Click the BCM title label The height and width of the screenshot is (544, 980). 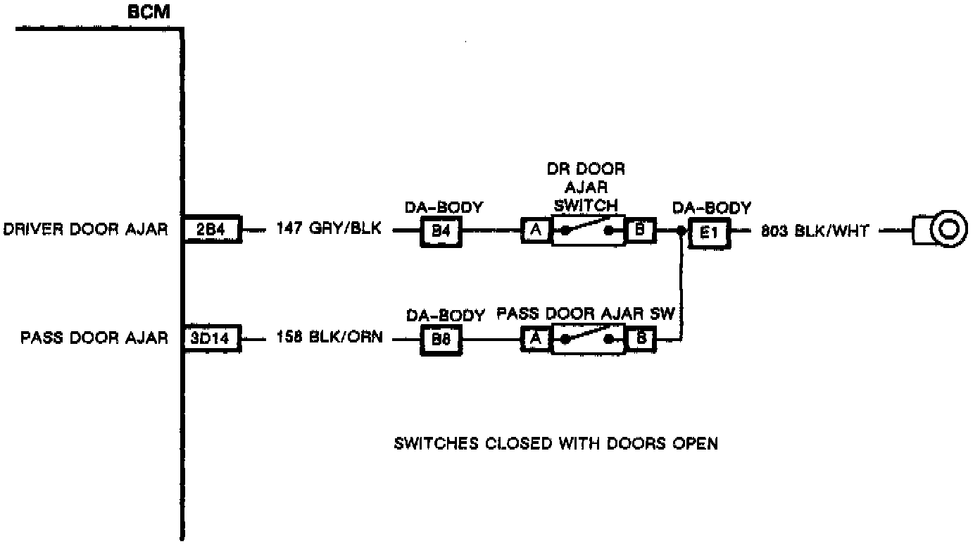(x=149, y=12)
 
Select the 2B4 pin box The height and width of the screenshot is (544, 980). (x=212, y=229)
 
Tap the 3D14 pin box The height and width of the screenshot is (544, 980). (x=211, y=338)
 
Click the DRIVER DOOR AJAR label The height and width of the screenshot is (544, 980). (x=86, y=229)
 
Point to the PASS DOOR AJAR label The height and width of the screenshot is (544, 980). (x=94, y=338)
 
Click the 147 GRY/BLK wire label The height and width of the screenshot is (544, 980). (x=329, y=228)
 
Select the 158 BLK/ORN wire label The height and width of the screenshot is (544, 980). (x=330, y=337)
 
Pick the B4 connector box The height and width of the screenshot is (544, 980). (x=441, y=231)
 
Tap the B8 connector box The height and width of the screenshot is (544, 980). (x=441, y=340)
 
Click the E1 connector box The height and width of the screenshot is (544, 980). (x=709, y=233)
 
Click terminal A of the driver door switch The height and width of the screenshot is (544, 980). (x=536, y=230)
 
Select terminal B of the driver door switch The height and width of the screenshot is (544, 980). (x=641, y=230)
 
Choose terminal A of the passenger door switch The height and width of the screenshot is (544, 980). (x=536, y=339)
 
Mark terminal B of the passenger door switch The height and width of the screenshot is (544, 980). (x=641, y=339)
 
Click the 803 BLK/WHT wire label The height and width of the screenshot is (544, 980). (x=815, y=231)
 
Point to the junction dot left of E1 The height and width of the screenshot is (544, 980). (x=681, y=230)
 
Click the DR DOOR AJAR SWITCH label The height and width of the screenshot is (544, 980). (x=586, y=187)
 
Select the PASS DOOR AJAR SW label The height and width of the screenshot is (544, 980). (x=586, y=314)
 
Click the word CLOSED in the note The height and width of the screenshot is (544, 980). (x=519, y=444)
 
